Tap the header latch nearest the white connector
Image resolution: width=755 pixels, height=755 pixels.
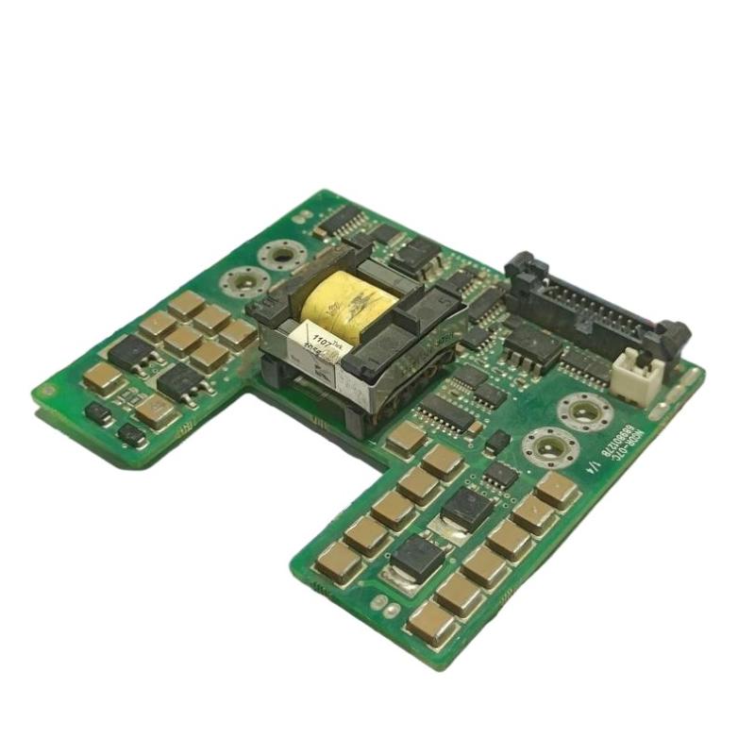(x=673, y=336)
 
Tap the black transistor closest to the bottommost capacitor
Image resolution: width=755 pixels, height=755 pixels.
(x=415, y=557)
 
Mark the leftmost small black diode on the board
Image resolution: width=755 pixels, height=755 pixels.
(x=97, y=412)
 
